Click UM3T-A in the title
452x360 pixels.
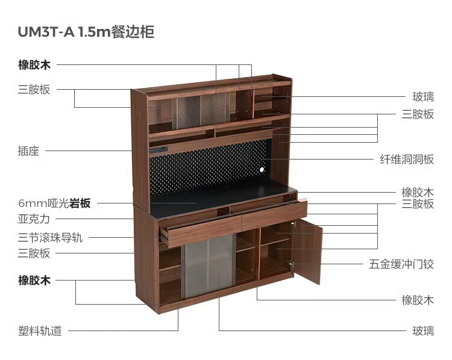coord(46,32)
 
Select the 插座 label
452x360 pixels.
coord(28,151)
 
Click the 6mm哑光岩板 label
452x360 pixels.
coord(54,203)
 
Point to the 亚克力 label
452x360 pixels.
coord(34,219)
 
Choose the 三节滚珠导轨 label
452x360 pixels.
coord(50,238)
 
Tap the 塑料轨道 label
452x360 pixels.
coord(40,331)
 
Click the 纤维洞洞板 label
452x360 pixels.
coord(407,160)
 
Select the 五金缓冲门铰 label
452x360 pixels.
coord(401,264)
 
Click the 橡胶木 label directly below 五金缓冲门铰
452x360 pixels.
coord(418,300)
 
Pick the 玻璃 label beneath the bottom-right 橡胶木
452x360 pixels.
coord(423,331)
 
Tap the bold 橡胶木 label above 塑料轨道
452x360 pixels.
coord(34,280)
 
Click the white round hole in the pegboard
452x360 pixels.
coord(262,170)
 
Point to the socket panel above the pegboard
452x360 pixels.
coord(159,149)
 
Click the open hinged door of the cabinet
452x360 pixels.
coord(308,250)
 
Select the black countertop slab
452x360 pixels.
coord(222,200)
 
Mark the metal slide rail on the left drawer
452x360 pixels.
coord(163,237)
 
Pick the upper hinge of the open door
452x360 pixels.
coord(293,223)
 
